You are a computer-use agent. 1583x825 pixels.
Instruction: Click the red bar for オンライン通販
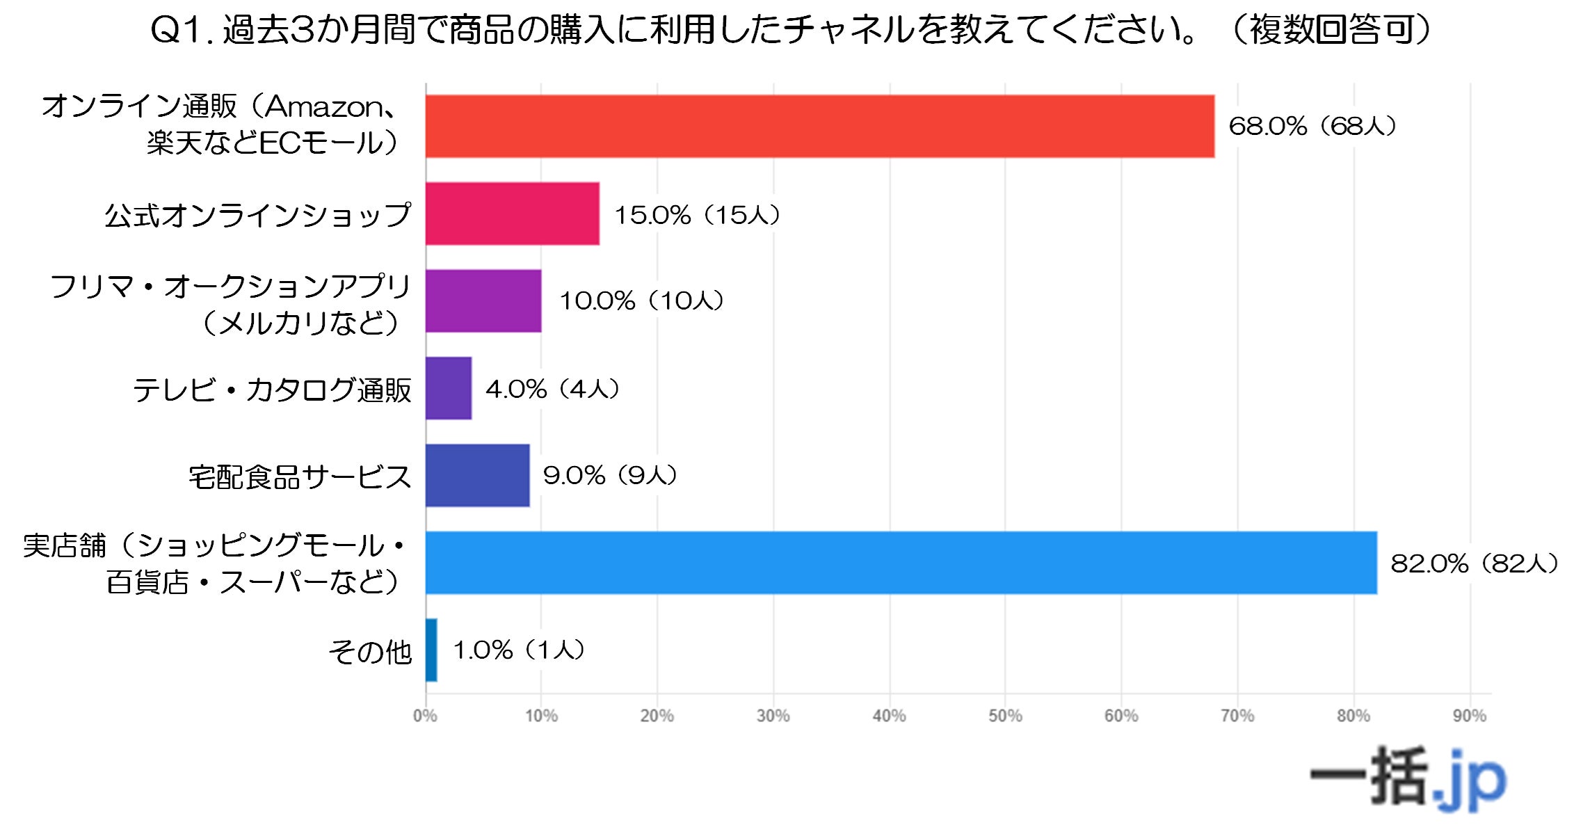tap(820, 126)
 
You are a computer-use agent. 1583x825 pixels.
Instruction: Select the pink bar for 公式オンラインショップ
tap(513, 214)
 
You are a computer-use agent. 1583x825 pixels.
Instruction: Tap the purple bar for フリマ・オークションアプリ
tap(483, 301)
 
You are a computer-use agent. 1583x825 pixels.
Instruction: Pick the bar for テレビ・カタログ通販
tap(449, 388)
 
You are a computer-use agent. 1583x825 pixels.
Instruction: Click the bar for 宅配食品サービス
tap(477, 475)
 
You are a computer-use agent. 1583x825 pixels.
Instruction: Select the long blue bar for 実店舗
tap(901, 563)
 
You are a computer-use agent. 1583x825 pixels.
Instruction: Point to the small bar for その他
tap(431, 650)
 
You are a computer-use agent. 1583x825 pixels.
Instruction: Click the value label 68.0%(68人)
tap(1312, 126)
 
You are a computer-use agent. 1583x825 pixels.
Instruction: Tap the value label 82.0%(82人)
tap(1474, 563)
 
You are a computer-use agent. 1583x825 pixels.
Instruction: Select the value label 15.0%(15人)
tap(697, 214)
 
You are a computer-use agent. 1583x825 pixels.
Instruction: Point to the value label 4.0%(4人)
tap(552, 388)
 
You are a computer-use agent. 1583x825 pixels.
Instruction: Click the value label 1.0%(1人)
tap(519, 650)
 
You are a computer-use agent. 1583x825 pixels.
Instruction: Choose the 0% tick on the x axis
tap(425, 715)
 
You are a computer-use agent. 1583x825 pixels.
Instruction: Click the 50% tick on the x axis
tap(1005, 715)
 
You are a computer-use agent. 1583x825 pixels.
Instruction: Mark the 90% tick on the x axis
tap(1469, 715)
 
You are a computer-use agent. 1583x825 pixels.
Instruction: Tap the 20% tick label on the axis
tap(657, 715)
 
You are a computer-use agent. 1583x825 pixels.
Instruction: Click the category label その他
tap(370, 652)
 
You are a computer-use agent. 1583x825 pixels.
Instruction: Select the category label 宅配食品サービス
tap(300, 476)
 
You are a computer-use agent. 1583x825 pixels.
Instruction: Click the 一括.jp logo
tap(1408, 779)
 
